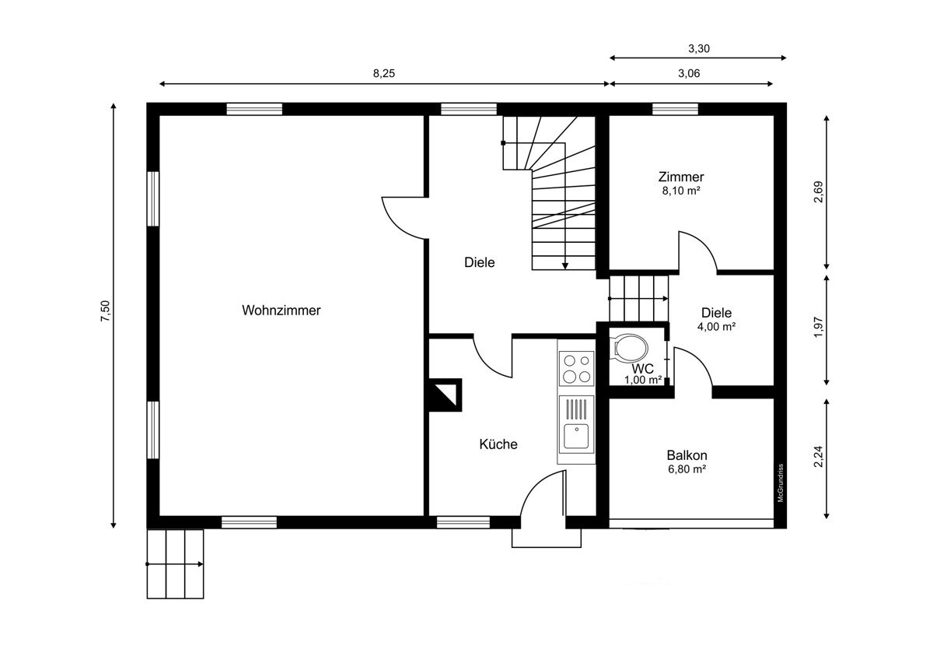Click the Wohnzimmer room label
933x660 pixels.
[x=281, y=311]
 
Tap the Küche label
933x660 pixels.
[x=498, y=444]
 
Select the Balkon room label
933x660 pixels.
[x=687, y=455]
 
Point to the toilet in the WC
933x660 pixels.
[x=629, y=347]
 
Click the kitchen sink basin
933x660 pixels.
[x=576, y=436]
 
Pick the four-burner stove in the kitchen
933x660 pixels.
[x=576, y=369]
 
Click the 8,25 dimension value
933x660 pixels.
[x=383, y=73]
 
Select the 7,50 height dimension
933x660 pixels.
[x=105, y=311]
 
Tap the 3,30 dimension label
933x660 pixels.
[x=698, y=49]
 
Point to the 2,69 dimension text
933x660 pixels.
[x=818, y=191]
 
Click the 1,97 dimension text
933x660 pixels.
[x=818, y=328]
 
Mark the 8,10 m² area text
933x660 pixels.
[x=681, y=191]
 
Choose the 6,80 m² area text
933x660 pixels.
[x=687, y=469]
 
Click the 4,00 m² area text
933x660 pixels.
[x=716, y=326]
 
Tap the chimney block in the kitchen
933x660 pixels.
[x=446, y=395]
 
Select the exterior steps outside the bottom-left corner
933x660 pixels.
[x=176, y=564]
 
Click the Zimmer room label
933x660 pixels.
[x=681, y=177]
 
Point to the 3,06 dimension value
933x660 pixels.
[x=689, y=73]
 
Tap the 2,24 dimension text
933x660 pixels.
[x=818, y=457]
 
